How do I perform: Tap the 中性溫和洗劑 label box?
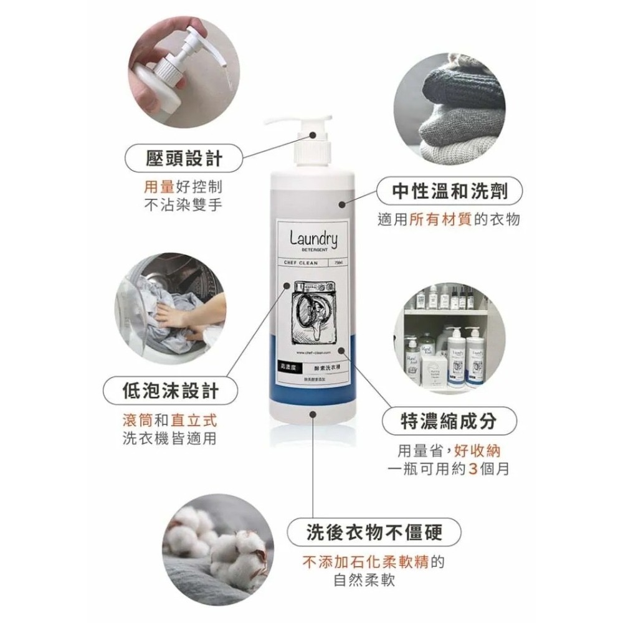(450, 191)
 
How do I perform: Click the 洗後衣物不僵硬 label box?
(374, 534)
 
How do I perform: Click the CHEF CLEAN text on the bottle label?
(301, 263)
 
